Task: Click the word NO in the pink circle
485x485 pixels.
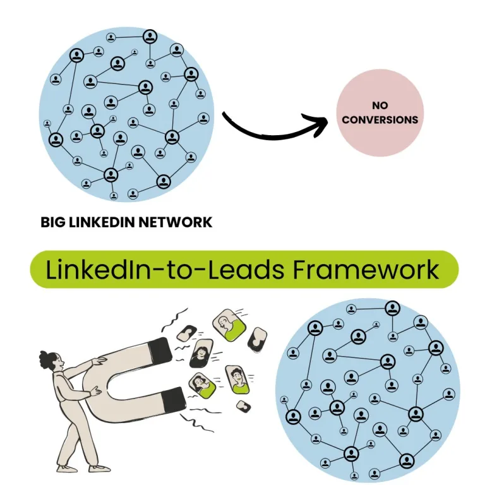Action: [380, 105]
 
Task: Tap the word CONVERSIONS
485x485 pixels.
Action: [380, 119]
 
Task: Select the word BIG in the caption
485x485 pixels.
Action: [52, 222]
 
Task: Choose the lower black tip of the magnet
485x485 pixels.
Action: [174, 399]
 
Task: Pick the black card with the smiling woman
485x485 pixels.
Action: [201, 354]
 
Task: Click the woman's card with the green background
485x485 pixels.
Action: [202, 385]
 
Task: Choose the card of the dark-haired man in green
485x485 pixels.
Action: [236, 379]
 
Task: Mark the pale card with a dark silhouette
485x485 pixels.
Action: [257, 340]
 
